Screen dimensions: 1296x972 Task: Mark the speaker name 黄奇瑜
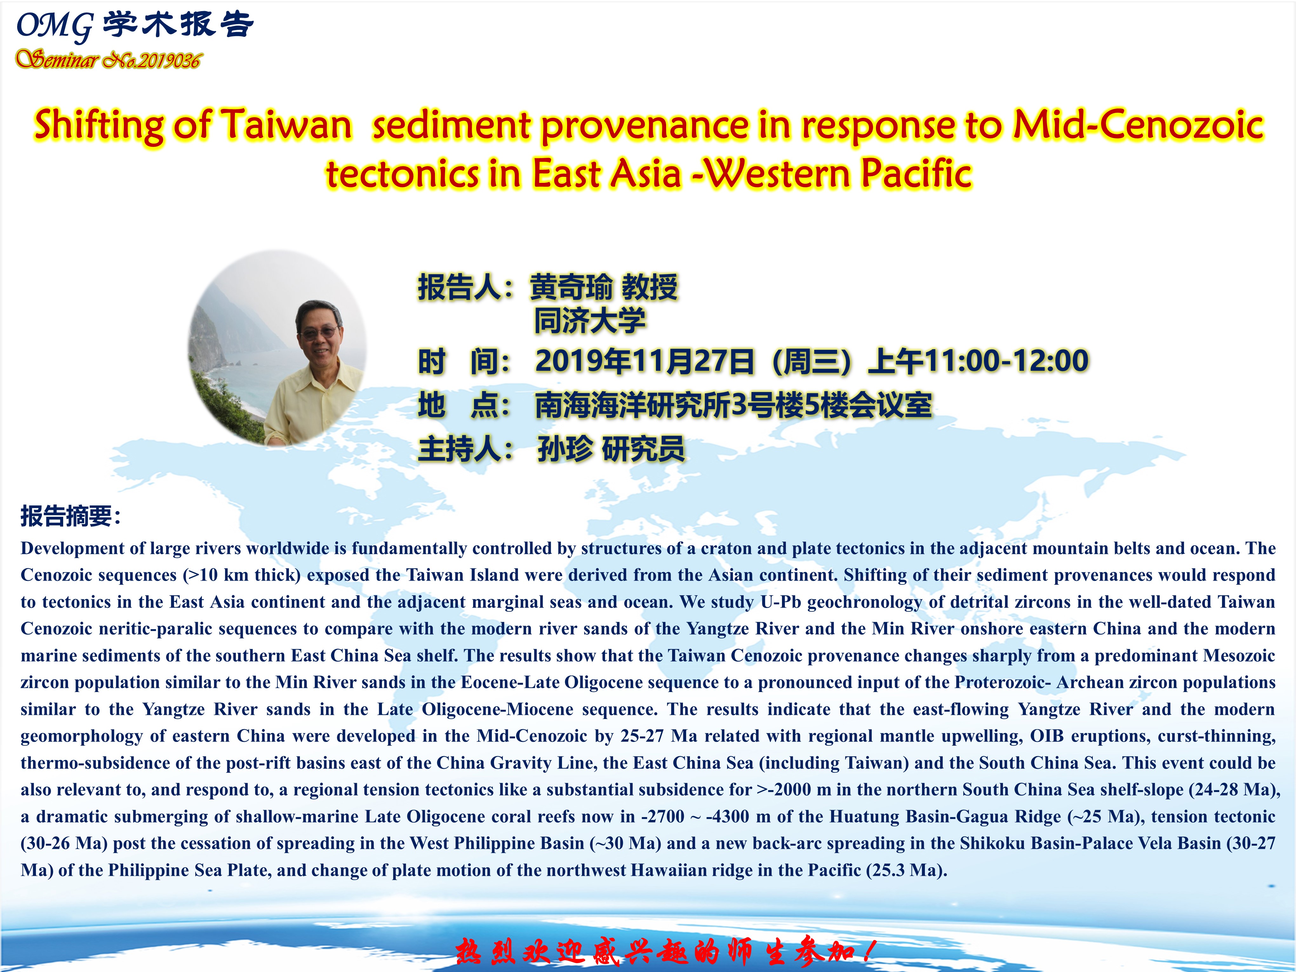571,287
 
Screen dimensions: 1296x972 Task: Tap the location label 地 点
464,405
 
